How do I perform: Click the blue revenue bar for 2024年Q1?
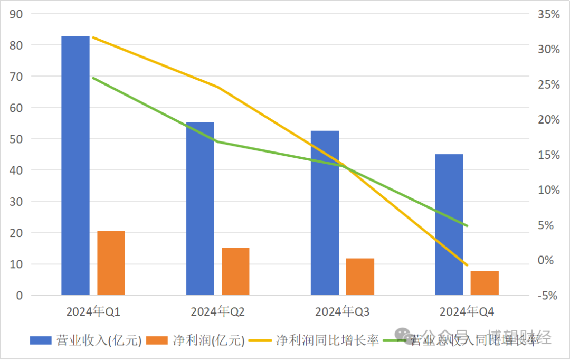[75, 165]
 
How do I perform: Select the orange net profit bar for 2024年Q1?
[111, 263]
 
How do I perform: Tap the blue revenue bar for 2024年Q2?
[200, 209]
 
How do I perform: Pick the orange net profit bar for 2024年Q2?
[235, 271]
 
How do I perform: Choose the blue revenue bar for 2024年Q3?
[325, 213]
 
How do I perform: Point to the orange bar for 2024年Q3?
[360, 277]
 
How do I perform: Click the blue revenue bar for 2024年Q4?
[449, 224]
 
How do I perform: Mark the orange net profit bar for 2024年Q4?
[484, 283]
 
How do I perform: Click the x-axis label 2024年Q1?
[93, 312]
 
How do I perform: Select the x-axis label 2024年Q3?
[343, 312]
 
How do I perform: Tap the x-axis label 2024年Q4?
[467, 312]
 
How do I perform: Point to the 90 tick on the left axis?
[16, 14]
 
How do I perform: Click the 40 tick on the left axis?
[16, 170]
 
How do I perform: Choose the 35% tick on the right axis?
[548, 14]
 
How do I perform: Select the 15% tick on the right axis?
[548, 155]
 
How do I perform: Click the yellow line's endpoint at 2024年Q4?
[467, 265]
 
